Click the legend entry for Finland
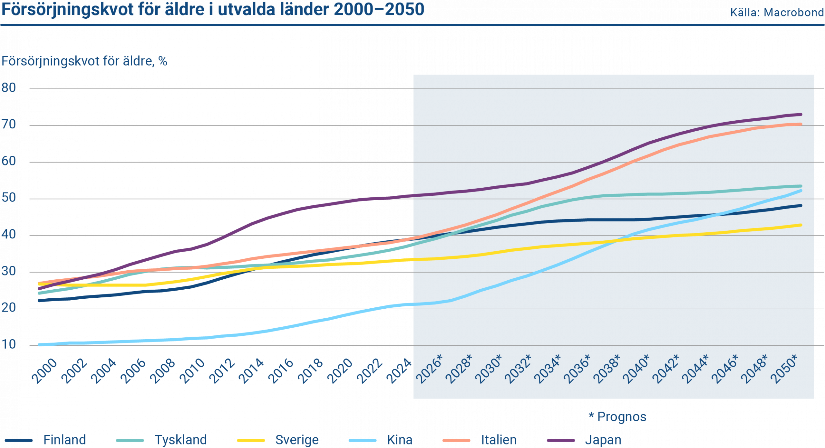pos(64,440)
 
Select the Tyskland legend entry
pos(180,440)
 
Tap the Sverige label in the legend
pos(296,440)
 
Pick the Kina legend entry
pos(399,440)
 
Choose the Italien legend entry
pos(498,440)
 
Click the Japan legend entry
pos(603,440)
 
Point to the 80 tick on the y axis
pos(9,88)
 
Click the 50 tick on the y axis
pos(9,198)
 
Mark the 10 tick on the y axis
pos(9,345)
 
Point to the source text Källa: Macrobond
pos(777,13)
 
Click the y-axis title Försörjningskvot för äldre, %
pos(84,61)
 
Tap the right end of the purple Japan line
pos(801,114)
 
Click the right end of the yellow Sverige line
pos(801,225)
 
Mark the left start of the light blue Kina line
pos(39,345)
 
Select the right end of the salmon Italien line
pos(801,124)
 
